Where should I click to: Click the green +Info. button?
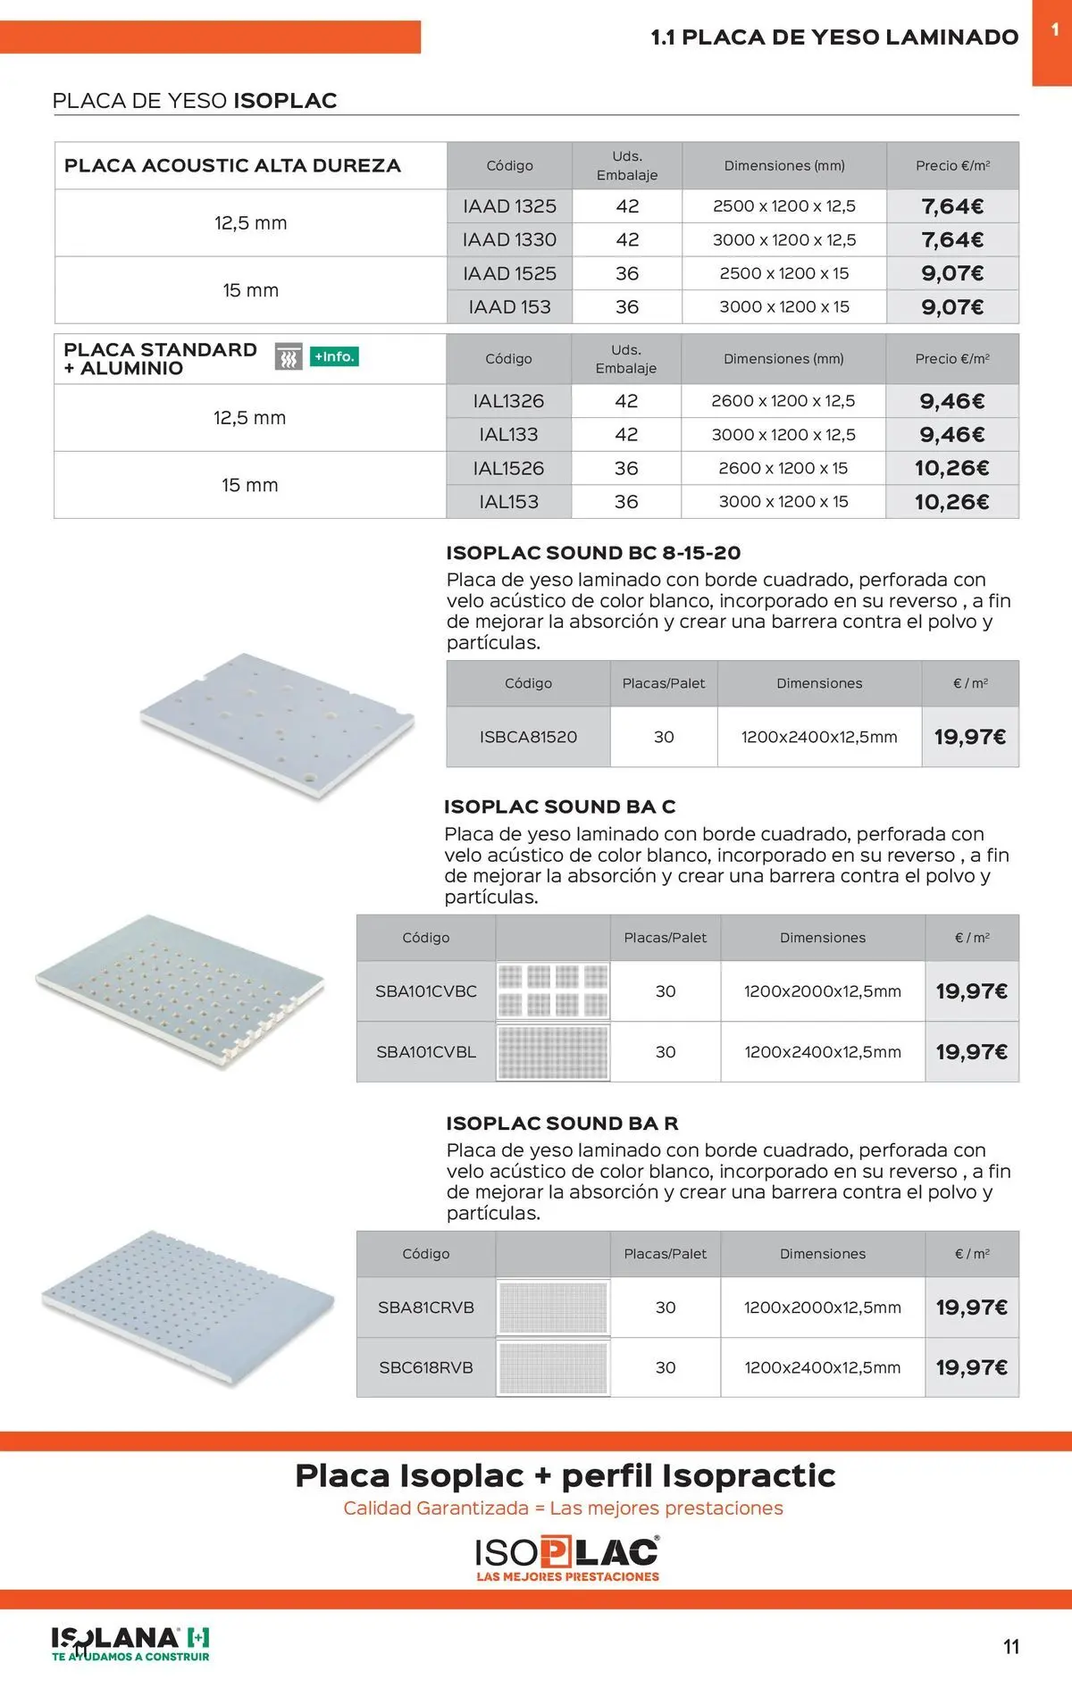[x=334, y=357]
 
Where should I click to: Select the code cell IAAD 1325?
[x=509, y=206]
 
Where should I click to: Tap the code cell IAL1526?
[x=508, y=468]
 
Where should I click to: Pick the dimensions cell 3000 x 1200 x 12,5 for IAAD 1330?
[x=784, y=239]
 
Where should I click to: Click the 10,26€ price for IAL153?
[x=951, y=502]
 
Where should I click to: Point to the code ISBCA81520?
[x=528, y=737]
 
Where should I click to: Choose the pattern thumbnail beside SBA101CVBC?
[x=553, y=990]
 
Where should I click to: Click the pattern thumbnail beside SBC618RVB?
[x=553, y=1367]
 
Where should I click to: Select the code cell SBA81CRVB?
[x=426, y=1308]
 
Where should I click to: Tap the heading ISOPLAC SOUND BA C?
[x=560, y=807]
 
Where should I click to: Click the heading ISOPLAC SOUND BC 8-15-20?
[x=593, y=553]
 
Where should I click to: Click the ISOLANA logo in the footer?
[x=130, y=1644]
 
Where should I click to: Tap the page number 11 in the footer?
[x=1011, y=1647]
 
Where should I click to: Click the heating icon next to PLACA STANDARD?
[x=289, y=357]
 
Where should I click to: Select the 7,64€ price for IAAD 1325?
[x=952, y=206]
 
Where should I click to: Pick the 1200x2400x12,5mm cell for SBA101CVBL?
[x=823, y=1052]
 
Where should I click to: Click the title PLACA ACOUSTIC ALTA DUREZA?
[x=232, y=166]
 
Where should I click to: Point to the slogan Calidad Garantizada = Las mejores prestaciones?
[x=564, y=1508]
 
